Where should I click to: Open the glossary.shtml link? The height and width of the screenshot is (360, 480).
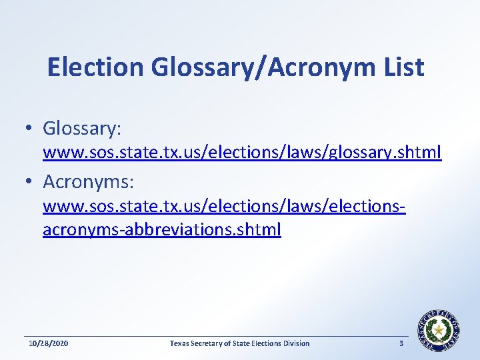(x=241, y=153)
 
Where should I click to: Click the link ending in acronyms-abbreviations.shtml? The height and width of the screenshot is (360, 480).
(x=161, y=230)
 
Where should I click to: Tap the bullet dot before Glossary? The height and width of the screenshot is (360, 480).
(x=31, y=128)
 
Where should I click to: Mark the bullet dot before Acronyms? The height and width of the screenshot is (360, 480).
(x=31, y=181)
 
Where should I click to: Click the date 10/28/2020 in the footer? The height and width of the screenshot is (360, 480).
(x=49, y=343)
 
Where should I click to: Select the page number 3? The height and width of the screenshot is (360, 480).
(x=401, y=343)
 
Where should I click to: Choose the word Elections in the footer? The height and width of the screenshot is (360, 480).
(x=267, y=343)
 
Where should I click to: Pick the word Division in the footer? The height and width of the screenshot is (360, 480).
(x=297, y=343)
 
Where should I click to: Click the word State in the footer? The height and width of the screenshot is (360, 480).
(x=241, y=343)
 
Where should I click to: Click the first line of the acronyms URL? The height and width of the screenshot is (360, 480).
(x=224, y=207)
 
